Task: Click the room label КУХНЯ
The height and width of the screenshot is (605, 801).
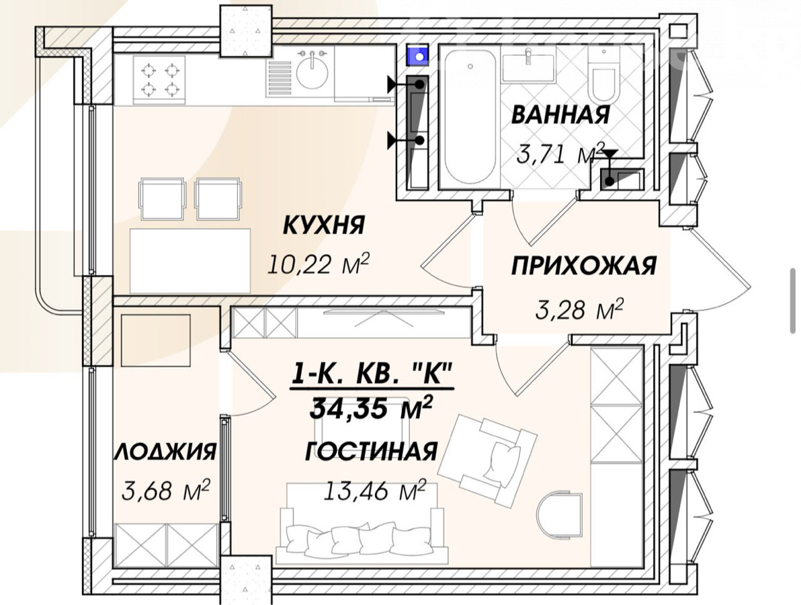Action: click(x=323, y=225)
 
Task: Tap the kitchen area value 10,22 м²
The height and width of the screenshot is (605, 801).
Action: click(x=318, y=264)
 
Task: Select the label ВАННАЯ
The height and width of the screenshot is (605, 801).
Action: click(x=560, y=114)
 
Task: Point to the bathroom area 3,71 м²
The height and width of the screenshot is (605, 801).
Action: click(x=560, y=153)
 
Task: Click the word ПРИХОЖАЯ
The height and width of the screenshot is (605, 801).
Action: click(x=584, y=266)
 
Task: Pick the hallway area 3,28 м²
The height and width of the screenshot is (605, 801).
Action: click(x=579, y=309)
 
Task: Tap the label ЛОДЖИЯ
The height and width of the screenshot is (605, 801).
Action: click(x=165, y=452)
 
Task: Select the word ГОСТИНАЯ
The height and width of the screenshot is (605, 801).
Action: click(x=372, y=452)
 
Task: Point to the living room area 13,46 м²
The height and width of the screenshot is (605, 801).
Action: click(x=375, y=491)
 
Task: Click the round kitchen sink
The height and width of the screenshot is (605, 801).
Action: click(x=312, y=75)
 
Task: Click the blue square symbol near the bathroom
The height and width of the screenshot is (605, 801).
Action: click(x=419, y=56)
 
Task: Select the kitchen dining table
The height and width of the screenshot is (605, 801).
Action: click(x=190, y=261)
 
